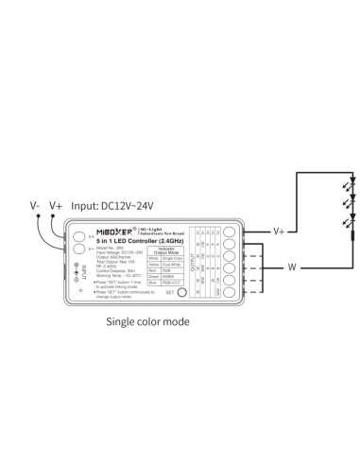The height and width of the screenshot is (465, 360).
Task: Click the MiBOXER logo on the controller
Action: (x=117, y=231)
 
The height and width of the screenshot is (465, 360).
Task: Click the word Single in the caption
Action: (x=128, y=321)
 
